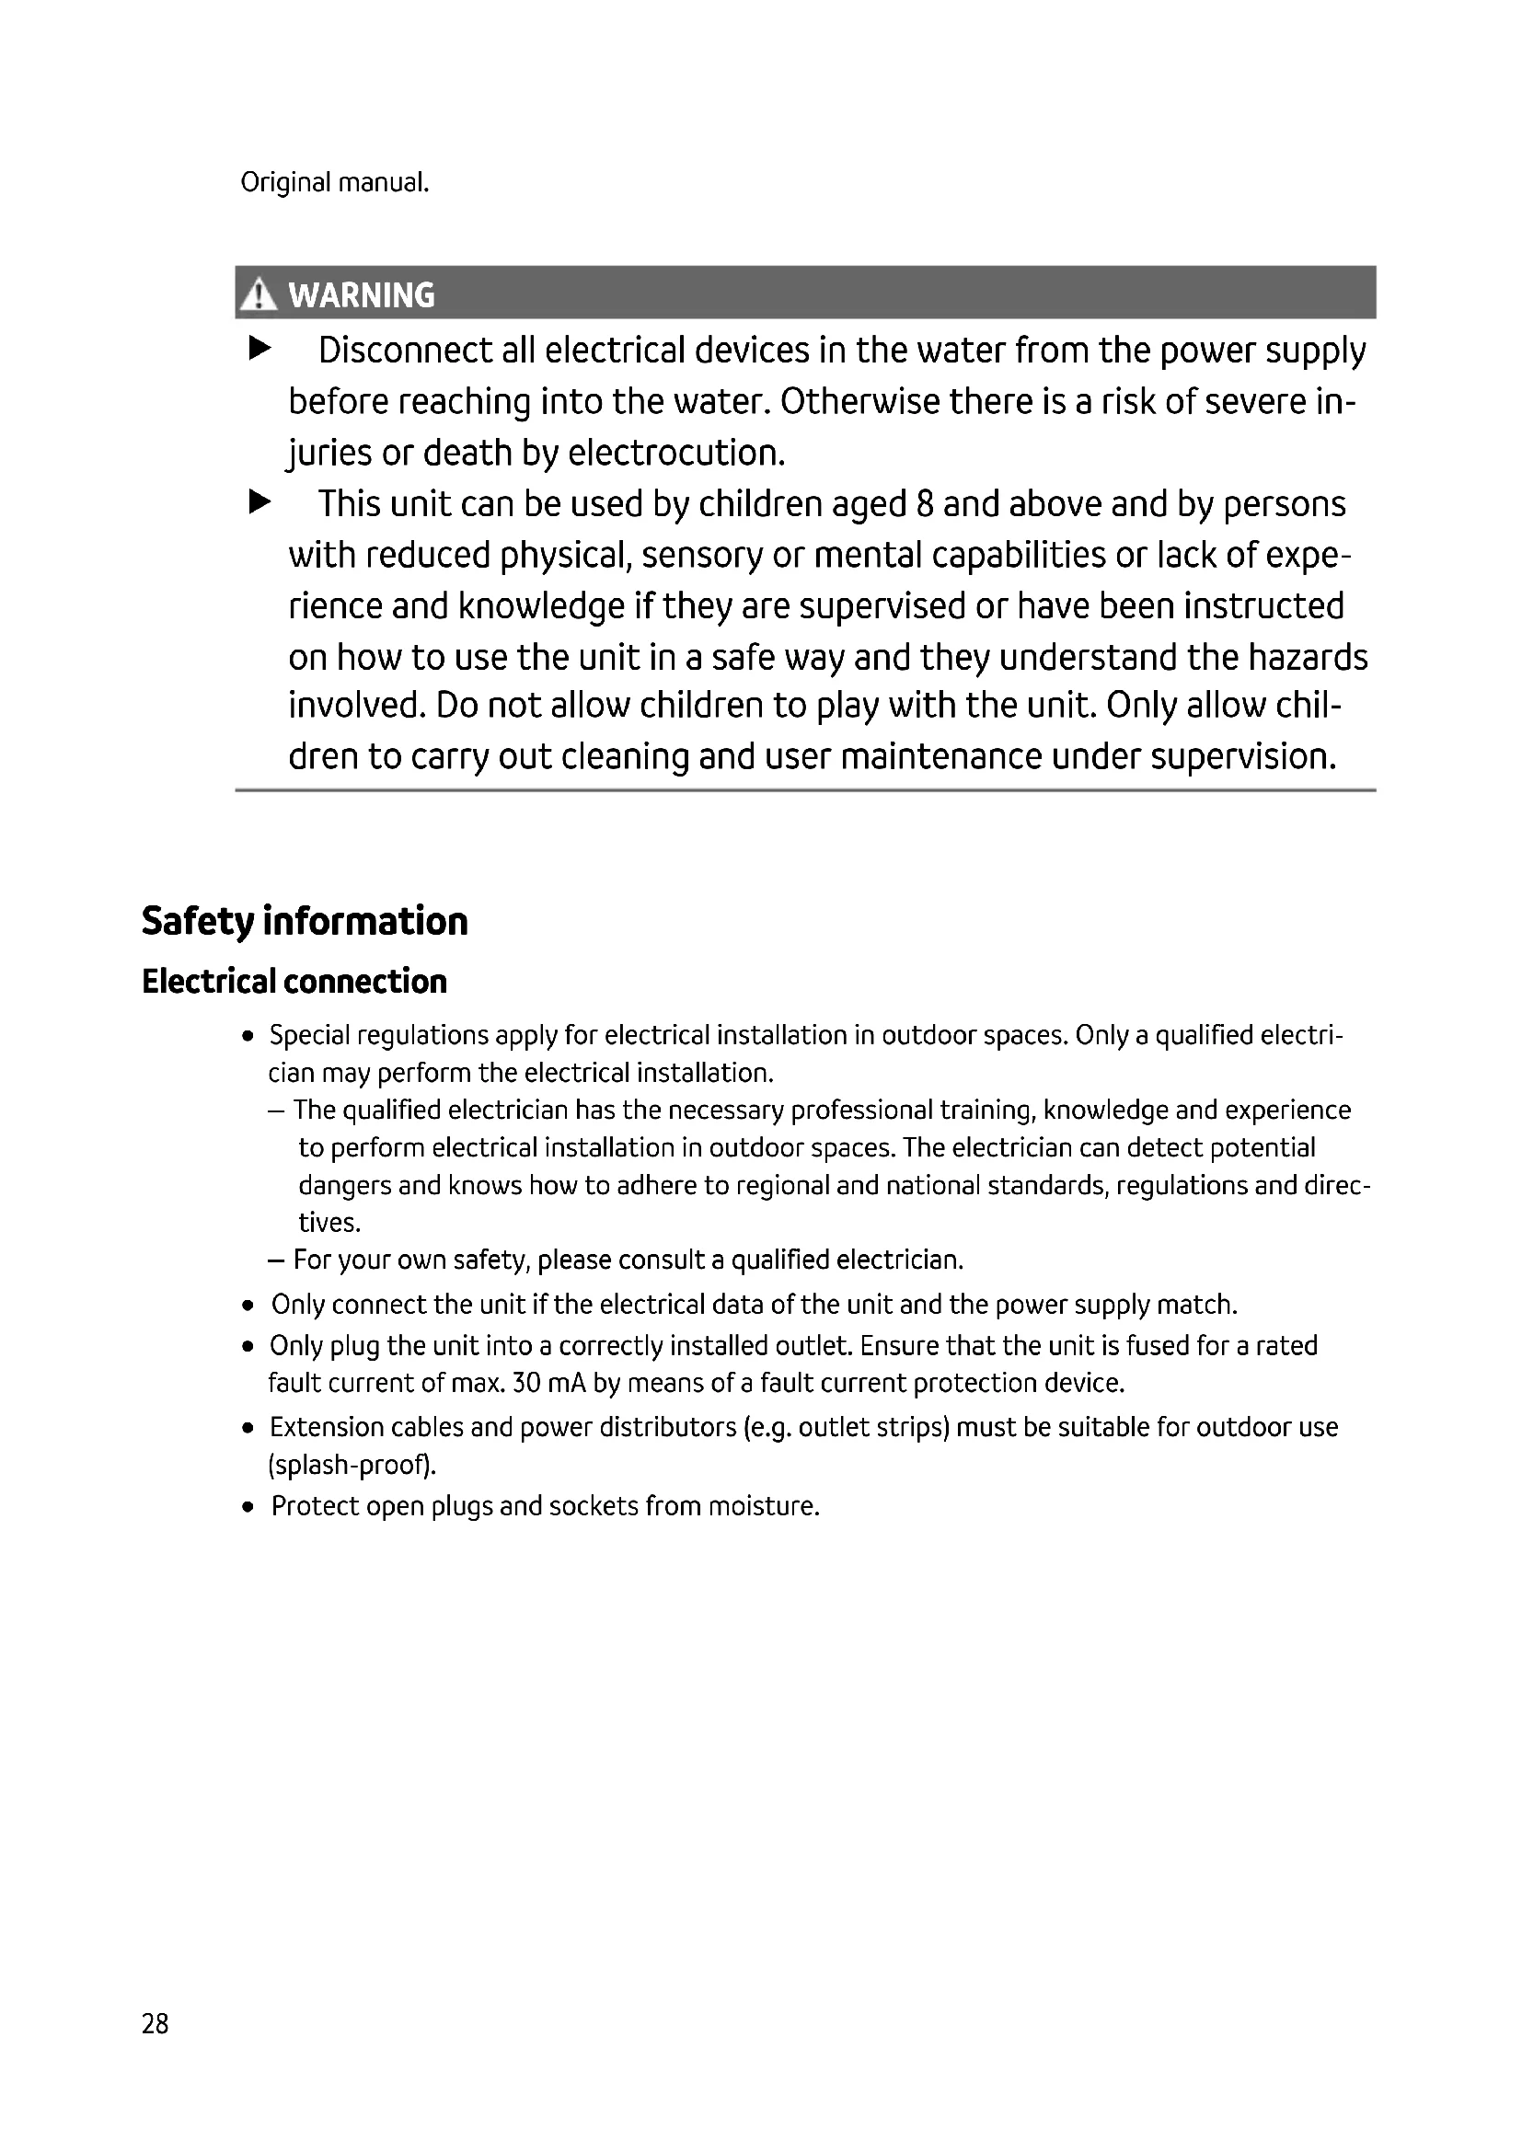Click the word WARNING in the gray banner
(x=362, y=295)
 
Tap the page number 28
(x=155, y=2023)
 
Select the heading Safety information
(x=305, y=920)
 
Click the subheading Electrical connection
(x=294, y=982)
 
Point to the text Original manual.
(x=335, y=182)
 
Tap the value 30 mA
(x=549, y=1383)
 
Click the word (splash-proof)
(x=352, y=1464)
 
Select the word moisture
(x=764, y=1505)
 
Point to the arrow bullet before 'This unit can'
(x=259, y=503)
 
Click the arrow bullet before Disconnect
(x=259, y=350)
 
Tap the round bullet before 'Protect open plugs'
(x=248, y=1507)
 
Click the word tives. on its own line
(x=329, y=1222)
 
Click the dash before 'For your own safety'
(x=275, y=1260)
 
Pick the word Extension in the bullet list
(x=326, y=1427)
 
